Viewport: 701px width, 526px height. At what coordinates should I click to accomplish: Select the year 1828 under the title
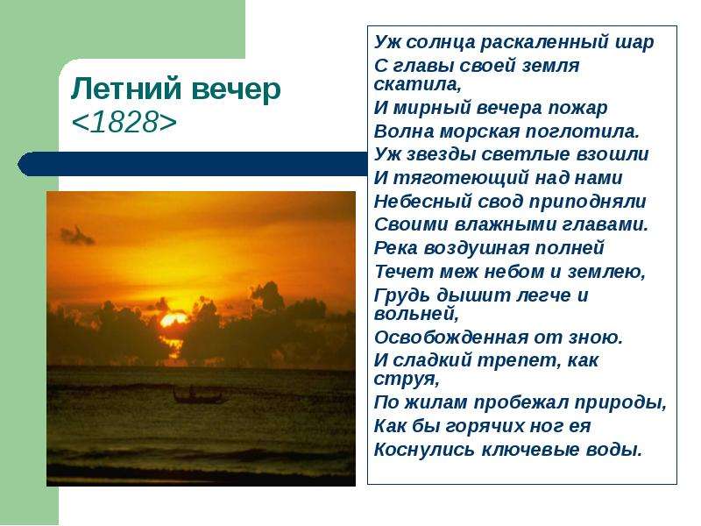124,122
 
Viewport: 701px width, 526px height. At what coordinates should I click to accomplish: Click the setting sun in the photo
173,320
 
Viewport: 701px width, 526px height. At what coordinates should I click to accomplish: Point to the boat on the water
196,395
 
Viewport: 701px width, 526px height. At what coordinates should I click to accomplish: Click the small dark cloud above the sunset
77,236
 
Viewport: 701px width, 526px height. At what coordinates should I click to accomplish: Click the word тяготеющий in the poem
459,178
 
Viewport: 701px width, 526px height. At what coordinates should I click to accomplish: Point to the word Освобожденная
450,337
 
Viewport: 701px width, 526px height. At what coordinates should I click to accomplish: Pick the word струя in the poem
404,380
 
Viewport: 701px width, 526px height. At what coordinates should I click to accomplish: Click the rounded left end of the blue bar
21,164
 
